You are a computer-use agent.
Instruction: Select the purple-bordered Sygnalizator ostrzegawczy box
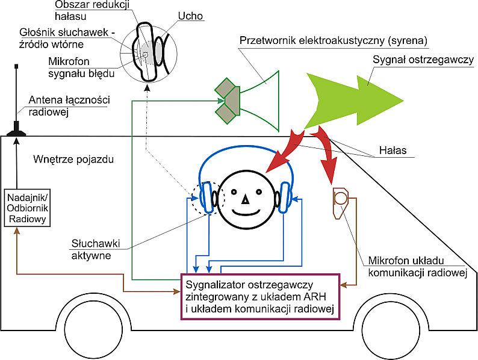261,295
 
